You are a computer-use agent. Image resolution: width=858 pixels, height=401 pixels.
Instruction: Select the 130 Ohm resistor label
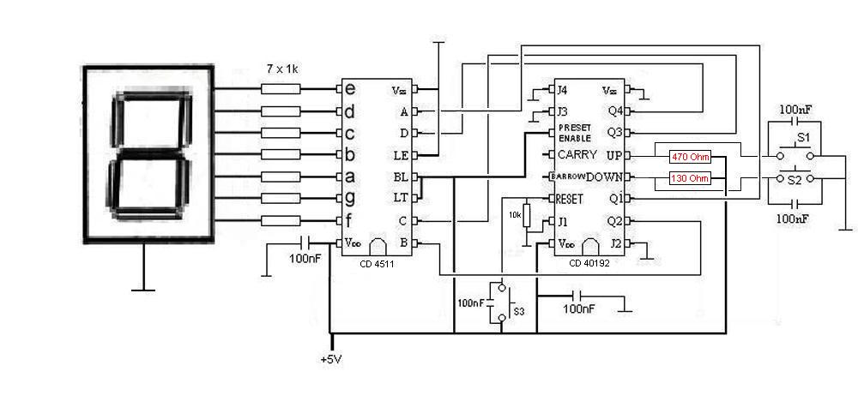click(689, 178)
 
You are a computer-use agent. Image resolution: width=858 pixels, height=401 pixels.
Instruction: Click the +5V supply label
click(330, 358)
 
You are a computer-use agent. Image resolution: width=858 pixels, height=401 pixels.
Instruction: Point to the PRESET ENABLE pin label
click(575, 133)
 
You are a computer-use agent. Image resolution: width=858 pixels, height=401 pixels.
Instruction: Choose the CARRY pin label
click(577, 155)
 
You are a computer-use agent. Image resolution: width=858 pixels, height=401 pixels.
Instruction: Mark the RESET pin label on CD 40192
click(570, 199)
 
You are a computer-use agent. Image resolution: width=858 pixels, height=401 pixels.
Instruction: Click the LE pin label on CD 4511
click(400, 155)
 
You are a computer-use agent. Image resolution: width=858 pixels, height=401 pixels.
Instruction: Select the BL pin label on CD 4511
click(400, 177)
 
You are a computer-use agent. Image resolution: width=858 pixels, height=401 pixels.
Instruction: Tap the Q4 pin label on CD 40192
click(614, 111)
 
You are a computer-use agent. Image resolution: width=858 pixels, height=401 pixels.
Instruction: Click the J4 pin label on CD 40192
click(561, 89)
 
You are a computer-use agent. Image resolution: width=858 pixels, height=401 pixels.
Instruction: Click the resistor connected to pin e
click(281, 89)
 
